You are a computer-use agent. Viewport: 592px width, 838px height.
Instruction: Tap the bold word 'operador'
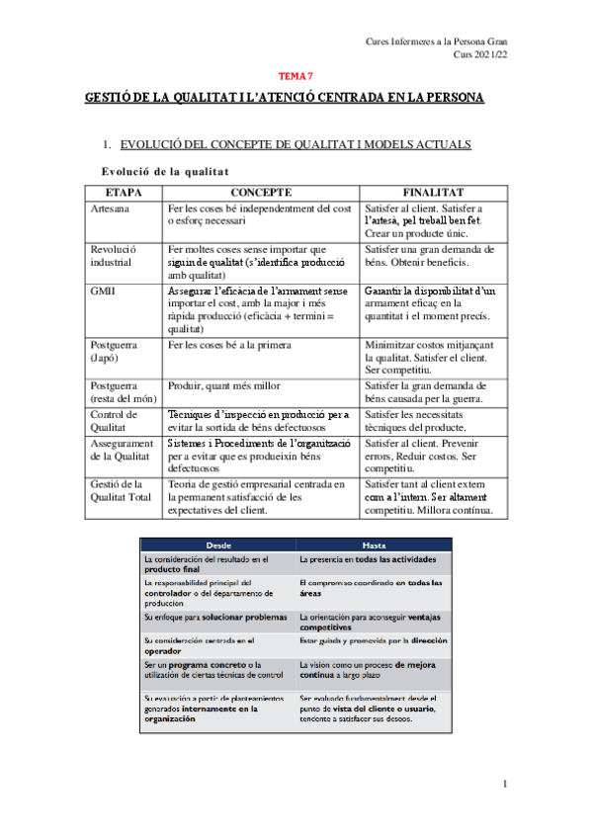tap(165, 652)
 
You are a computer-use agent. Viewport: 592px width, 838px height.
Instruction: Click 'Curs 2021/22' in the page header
tap(479, 56)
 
